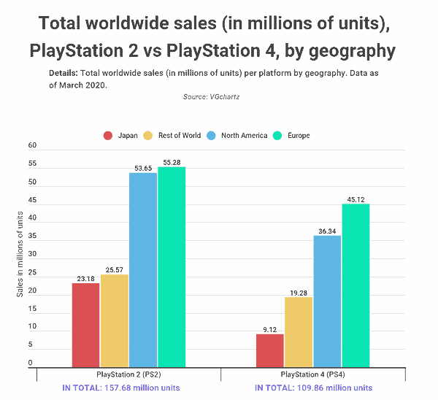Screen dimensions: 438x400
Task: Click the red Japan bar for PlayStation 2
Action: tap(85, 325)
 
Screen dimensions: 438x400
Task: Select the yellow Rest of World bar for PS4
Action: tap(299, 332)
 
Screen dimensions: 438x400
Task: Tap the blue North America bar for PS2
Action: tap(143, 270)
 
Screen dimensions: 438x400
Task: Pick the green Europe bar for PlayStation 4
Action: tap(356, 285)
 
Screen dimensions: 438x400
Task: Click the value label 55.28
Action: tap(172, 163)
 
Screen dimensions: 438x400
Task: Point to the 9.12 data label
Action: tap(270, 330)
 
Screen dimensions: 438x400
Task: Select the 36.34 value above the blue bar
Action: tap(327, 231)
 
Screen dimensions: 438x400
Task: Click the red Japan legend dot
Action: tap(108, 136)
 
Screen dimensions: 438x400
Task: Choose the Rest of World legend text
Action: tap(180, 136)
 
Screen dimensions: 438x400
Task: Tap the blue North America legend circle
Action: tap(211, 136)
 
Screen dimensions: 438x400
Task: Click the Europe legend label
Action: tap(299, 136)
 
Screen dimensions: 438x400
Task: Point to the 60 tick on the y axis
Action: tap(32, 145)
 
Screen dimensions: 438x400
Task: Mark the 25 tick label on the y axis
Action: tap(32, 272)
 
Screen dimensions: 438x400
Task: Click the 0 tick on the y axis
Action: tap(30, 363)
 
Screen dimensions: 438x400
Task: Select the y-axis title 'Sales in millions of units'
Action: tap(20, 254)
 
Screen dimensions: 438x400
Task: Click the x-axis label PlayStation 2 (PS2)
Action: tap(128, 374)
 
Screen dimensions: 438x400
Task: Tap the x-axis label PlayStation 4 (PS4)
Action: tap(313, 374)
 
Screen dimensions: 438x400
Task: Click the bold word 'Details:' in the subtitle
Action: tap(64, 73)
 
